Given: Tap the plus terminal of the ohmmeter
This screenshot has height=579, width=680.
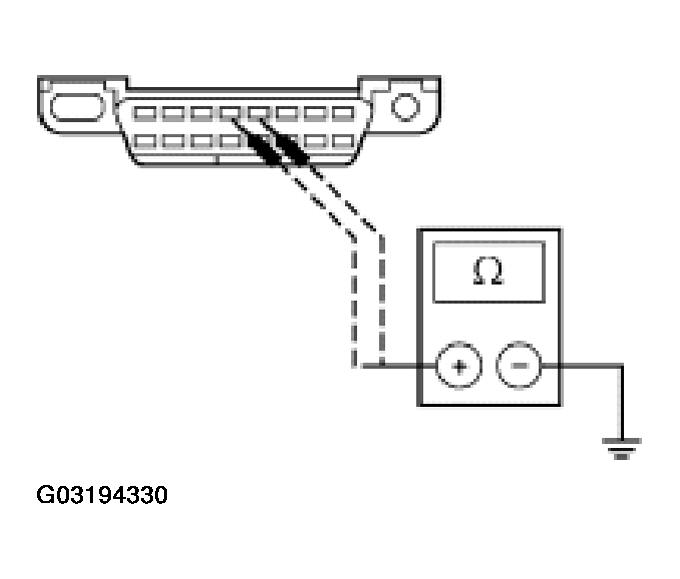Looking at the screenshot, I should (458, 367).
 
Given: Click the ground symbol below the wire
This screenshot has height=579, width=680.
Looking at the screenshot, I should (622, 449).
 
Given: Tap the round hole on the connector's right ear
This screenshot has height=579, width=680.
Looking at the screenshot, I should (404, 105).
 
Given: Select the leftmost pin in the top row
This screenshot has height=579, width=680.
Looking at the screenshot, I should (143, 113).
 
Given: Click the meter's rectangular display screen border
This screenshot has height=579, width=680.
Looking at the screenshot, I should (488, 244).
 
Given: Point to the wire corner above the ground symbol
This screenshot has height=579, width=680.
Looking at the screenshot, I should (622, 367).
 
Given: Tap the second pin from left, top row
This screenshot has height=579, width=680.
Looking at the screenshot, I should (172, 113).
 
